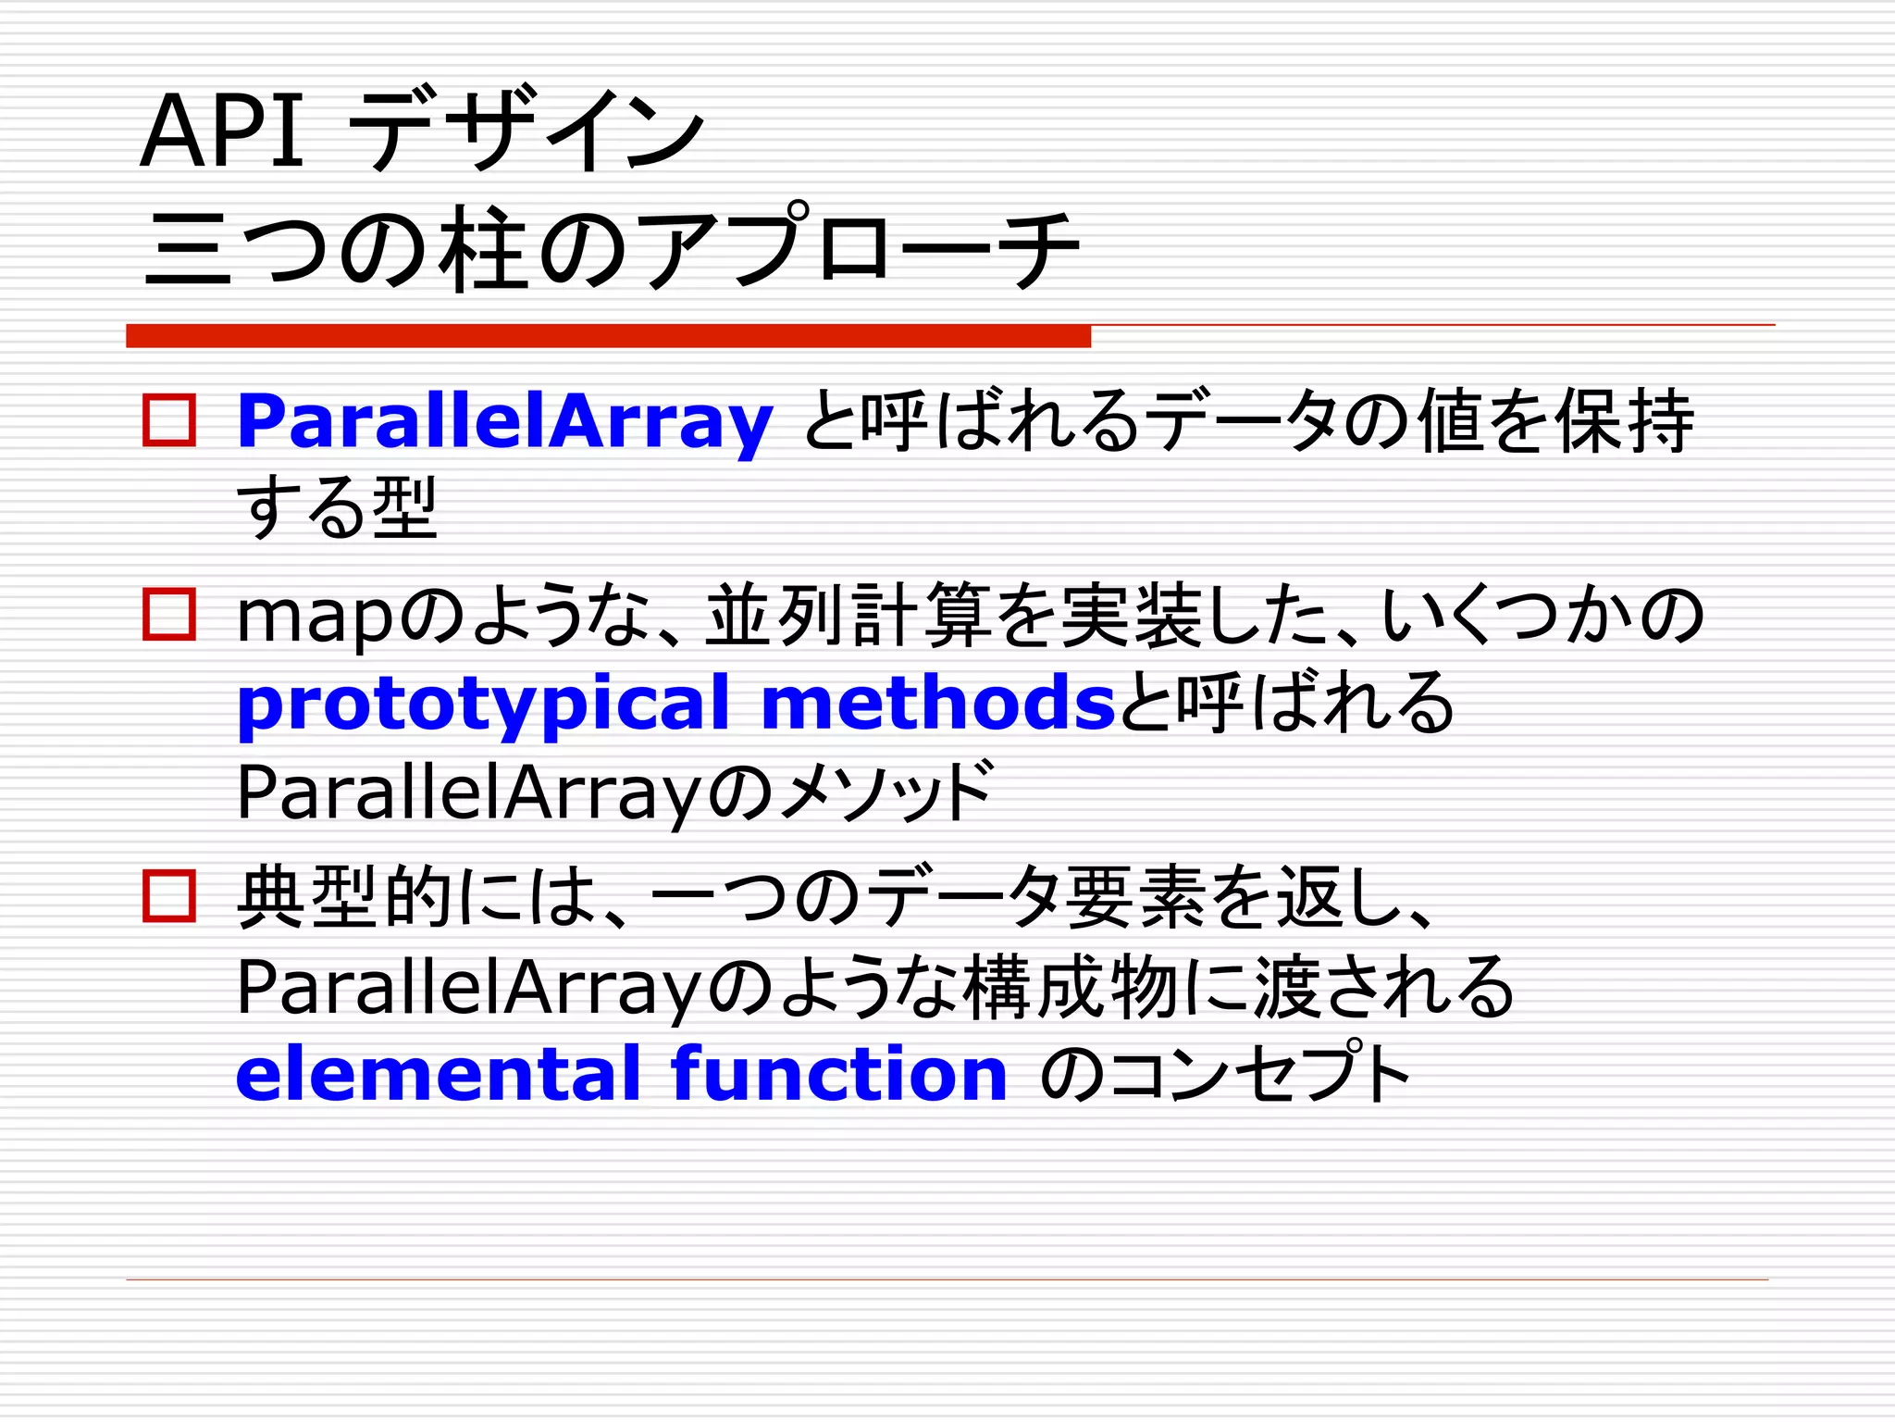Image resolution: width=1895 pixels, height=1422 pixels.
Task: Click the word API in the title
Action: click(222, 131)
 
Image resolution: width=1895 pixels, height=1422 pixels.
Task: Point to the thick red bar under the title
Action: click(608, 336)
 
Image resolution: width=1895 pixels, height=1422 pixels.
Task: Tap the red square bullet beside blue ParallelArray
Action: click(169, 421)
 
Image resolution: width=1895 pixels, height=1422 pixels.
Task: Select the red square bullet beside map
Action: click(169, 615)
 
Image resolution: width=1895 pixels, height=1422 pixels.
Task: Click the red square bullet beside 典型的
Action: click(169, 895)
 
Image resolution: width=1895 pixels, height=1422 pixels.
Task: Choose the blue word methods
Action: click(938, 704)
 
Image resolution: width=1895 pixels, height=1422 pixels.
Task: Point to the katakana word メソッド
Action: click(886, 792)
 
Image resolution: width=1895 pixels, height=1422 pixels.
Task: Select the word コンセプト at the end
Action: click(1260, 1076)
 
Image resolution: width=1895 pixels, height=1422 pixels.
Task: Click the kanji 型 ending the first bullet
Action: click(404, 507)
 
